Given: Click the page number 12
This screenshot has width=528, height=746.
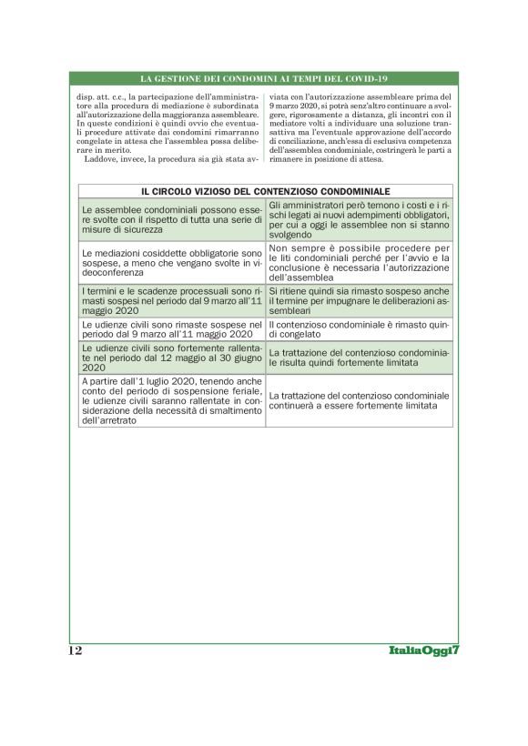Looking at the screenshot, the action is [76, 650].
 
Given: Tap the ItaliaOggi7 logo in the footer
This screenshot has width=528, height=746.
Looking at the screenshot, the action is [427, 650].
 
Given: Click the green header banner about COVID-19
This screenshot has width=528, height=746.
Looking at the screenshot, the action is [264, 79].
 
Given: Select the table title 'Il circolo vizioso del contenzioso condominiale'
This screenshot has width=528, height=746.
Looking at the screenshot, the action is [265, 192].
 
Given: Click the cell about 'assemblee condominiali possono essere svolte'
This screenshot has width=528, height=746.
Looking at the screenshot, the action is [172, 219].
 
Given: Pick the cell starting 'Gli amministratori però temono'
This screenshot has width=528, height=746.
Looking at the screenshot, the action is [359, 219].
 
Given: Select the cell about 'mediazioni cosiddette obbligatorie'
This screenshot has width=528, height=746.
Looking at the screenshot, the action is [172, 261].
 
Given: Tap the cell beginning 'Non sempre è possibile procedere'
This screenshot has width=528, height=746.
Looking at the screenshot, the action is [359, 261].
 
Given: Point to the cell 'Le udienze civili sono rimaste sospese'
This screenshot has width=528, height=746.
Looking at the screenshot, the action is [172, 328].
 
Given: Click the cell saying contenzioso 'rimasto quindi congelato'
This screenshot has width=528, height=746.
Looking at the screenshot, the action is [359, 328].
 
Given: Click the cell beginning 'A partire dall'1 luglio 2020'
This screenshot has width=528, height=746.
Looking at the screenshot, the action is [172, 401].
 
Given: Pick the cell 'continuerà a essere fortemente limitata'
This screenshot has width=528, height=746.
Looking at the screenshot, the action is [359, 401].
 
